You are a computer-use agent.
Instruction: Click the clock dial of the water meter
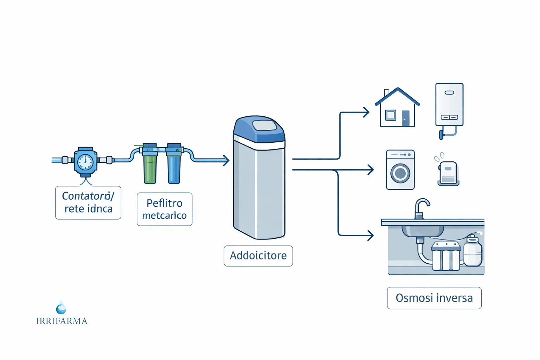(85, 162)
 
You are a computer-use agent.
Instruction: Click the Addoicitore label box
(258, 256)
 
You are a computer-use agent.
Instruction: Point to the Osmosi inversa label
(434, 298)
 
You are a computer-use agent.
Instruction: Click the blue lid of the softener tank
(259, 129)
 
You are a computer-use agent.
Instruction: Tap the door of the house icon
(405, 118)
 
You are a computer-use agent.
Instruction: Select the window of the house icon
(391, 115)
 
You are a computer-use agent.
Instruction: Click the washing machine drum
(400, 173)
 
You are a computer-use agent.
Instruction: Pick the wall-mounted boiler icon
(449, 105)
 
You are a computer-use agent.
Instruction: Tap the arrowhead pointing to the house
(366, 112)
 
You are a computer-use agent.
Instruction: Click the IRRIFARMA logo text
(62, 321)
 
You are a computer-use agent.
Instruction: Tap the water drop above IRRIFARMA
(61, 308)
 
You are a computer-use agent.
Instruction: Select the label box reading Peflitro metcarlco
(165, 209)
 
